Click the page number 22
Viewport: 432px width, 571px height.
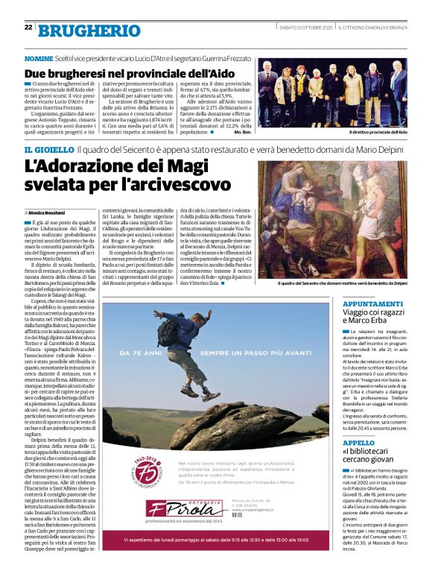pyautogui.click(x=28, y=28)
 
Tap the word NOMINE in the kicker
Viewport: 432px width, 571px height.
pyautogui.click(x=39, y=57)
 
